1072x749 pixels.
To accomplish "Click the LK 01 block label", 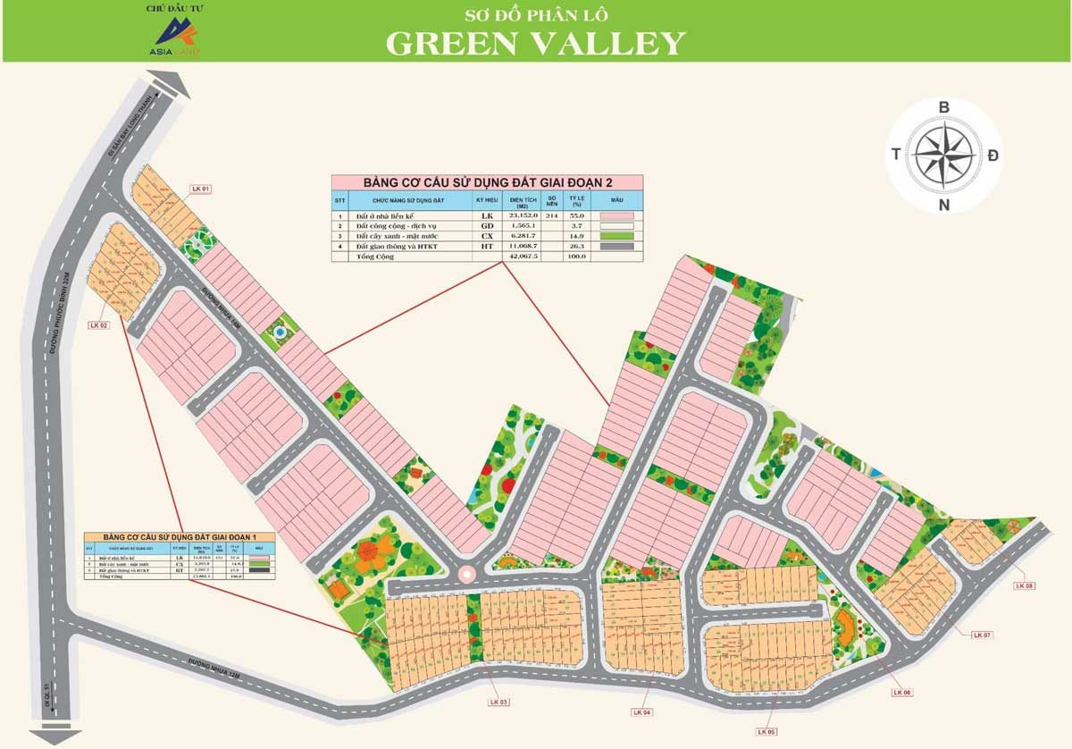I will point(201,189).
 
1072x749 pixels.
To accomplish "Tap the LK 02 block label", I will point(98,325).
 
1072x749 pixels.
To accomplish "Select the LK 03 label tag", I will point(498,702).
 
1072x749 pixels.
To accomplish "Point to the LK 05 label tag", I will point(766,731).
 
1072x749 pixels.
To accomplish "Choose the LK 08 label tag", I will point(1024,585).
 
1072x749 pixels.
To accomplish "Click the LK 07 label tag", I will point(983,635).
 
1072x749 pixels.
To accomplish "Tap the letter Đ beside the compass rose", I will point(993,156).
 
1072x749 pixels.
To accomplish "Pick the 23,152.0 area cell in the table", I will point(522,215).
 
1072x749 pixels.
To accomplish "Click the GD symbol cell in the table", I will point(487,226).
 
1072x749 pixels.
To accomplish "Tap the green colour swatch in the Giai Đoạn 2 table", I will point(617,236).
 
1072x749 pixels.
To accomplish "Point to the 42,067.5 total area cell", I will point(522,257).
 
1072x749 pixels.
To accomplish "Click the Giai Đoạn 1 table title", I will point(173,535).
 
